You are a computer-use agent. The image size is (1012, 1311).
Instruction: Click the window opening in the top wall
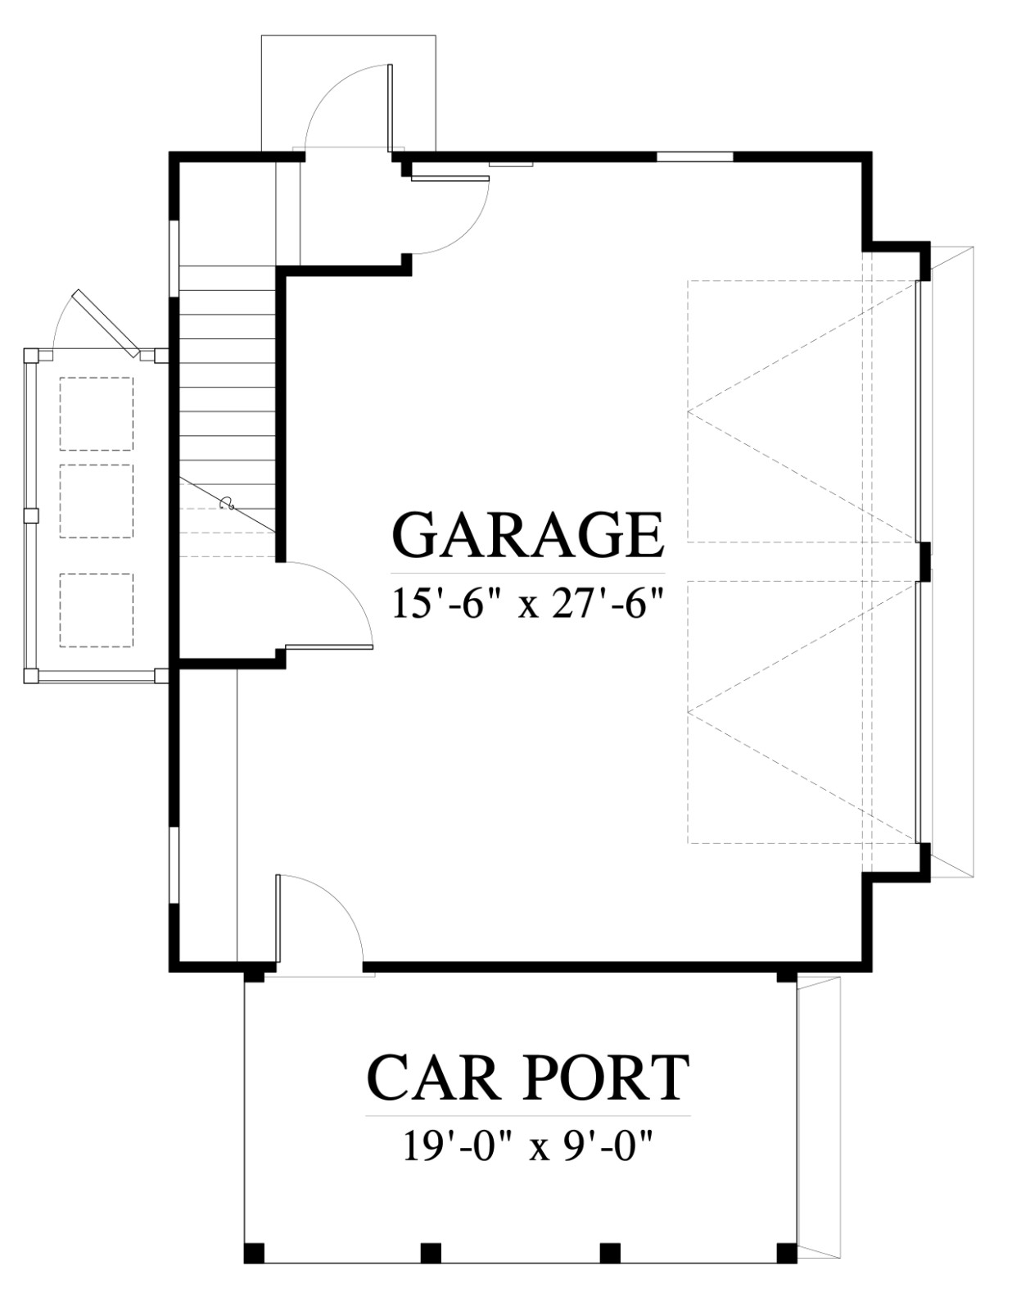694,157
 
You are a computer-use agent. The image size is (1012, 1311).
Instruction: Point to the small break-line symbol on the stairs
227,502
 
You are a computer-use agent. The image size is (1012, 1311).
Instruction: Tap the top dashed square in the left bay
97,414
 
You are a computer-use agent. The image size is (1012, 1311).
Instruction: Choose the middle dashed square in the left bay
97,501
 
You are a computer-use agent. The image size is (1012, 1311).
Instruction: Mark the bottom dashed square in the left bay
97,610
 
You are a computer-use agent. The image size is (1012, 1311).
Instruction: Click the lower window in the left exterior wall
174,866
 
